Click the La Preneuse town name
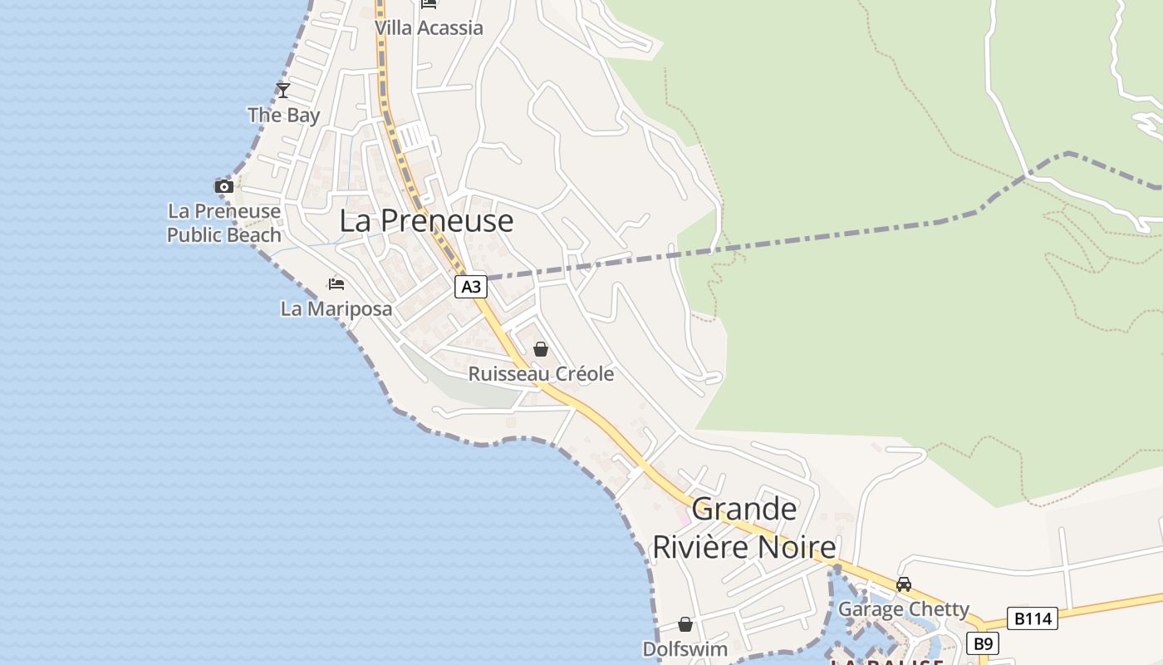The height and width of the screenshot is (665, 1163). pyautogui.click(x=426, y=221)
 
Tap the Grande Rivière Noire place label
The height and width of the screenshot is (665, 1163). pyautogui.click(x=744, y=529)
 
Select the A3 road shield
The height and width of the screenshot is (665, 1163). pyautogui.click(x=470, y=288)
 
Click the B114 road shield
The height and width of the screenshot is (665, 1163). pyautogui.click(x=1033, y=618)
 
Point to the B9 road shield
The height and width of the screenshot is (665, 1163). pyautogui.click(x=983, y=643)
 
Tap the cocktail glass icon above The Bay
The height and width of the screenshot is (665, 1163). pyautogui.click(x=283, y=90)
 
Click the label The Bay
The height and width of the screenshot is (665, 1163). pyautogui.click(x=283, y=116)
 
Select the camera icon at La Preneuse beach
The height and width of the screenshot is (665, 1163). pyautogui.click(x=223, y=186)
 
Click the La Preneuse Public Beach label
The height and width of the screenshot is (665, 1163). pyautogui.click(x=224, y=224)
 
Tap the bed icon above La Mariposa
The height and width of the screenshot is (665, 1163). pyautogui.click(x=336, y=284)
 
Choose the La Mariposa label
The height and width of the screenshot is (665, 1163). pyautogui.click(x=336, y=309)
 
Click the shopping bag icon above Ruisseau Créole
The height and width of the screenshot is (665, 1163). pyautogui.click(x=541, y=349)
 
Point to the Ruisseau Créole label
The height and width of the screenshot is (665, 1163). pyautogui.click(x=541, y=374)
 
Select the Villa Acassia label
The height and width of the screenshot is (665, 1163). pyautogui.click(x=429, y=28)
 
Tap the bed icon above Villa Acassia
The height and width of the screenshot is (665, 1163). pyautogui.click(x=429, y=4)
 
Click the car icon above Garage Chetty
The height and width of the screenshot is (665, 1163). pyautogui.click(x=904, y=584)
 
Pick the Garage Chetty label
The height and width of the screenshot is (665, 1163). pyautogui.click(x=904, y=609)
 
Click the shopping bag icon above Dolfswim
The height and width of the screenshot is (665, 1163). pyautogui.click(x=685, y=623)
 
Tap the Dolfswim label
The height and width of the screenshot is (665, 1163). pyautogui.click(x=685, y=649)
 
